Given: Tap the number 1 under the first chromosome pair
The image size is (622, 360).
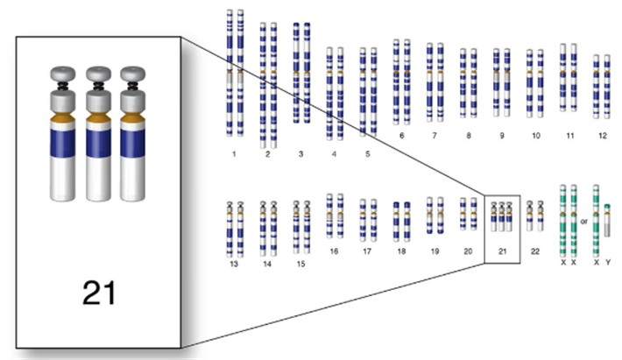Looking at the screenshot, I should tap(235, 154).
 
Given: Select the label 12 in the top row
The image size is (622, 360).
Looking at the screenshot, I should tap(602, 137).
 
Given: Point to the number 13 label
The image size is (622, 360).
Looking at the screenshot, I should tap(233, 263).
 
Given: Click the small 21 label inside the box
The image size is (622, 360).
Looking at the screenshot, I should tap(502, 251).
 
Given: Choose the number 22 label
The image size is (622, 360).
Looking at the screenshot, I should tap(535, 251).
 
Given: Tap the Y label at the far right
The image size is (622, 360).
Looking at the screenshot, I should tap(607, 262).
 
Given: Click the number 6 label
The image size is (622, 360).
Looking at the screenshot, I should tap(401, 137).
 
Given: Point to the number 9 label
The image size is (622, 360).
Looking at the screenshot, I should tap(501, 137).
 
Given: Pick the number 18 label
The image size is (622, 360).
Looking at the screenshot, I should tap(401, 251).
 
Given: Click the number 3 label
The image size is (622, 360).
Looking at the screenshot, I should tap(300, 154).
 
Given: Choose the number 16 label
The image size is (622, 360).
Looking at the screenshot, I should tap(334, 251).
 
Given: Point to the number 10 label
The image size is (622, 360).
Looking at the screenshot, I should tap(534, 137).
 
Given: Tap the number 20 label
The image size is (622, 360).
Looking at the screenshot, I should tap(468, 251).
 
